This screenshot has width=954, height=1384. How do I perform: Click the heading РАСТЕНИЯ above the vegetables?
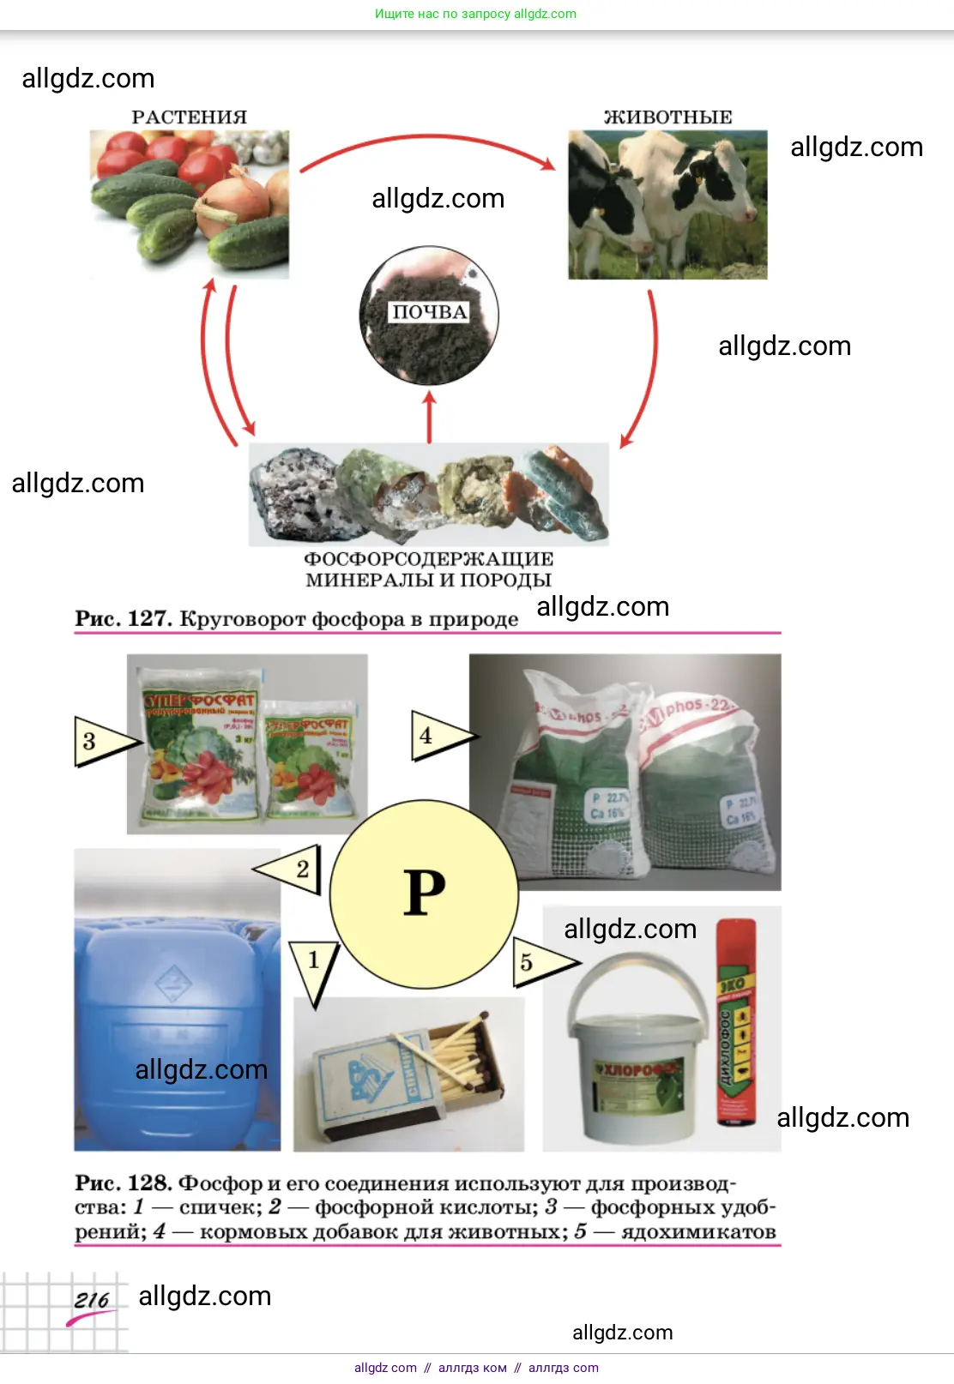coord(189,117)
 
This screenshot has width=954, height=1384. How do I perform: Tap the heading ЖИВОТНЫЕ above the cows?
coord(667,117)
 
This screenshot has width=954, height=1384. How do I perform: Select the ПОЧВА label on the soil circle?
coord(429,312)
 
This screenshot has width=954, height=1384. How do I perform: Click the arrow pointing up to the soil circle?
coord(430,417)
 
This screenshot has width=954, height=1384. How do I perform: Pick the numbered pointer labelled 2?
coord(292,869)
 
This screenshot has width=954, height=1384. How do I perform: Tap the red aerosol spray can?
coord(736,1022)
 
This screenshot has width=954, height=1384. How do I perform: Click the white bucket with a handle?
coord(635,1063)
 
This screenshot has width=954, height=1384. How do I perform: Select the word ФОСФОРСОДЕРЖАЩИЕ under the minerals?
coord(428,559)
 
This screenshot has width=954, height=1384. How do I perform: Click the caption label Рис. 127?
coord(123,618)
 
